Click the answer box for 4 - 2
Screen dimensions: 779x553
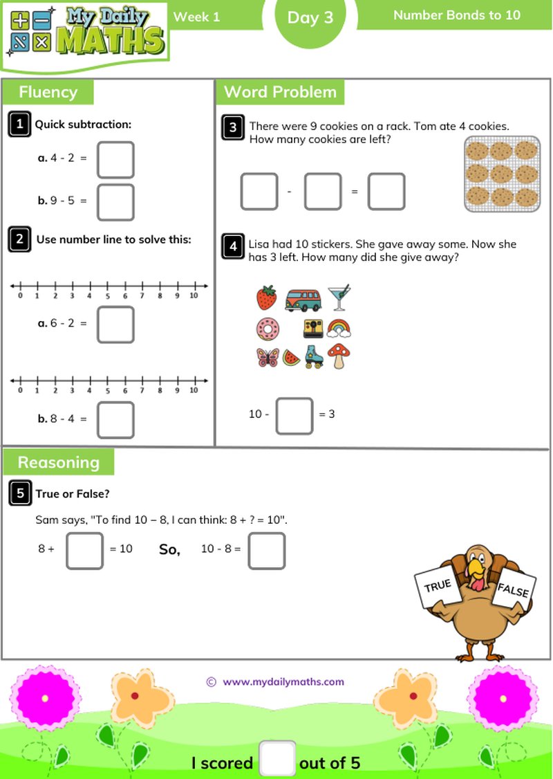[115, 160]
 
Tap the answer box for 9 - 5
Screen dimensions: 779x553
[115, 202]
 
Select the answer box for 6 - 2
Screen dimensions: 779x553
[115, 324]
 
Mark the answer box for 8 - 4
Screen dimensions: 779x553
[115, 420]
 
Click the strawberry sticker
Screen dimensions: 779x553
[266, 297]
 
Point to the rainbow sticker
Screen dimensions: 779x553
[339, 327]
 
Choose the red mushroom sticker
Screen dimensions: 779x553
[339, 356]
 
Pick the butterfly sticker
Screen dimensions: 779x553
[266, 357]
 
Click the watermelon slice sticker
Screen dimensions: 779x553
[292, 358]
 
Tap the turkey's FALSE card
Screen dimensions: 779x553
[513, 590]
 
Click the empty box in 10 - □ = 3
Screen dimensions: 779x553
[294, 415]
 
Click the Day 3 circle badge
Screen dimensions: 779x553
[310, 19]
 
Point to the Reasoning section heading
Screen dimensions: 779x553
[59, 462]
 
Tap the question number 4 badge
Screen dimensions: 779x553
[234, 246]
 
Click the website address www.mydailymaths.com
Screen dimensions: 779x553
[283, 681]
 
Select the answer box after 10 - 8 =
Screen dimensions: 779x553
[266, 551]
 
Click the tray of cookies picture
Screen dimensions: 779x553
[502, 173]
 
